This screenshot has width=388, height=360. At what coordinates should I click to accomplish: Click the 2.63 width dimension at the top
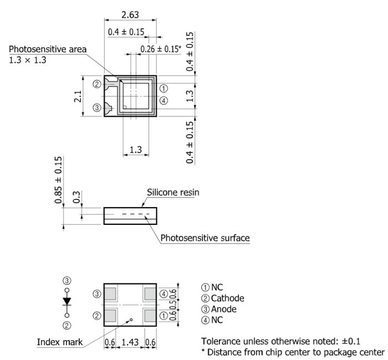(130, 15)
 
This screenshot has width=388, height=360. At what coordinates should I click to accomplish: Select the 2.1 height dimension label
(78, 96)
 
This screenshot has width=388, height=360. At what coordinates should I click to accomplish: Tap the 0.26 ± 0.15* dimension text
(161, 49)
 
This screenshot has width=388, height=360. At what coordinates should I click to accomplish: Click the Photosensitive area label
(48, 49)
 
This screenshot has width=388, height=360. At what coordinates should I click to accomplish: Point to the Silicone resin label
(173, 192)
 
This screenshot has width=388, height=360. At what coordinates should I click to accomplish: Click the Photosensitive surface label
(205, 238)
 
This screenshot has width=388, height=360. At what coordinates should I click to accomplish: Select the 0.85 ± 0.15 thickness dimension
(58, 180)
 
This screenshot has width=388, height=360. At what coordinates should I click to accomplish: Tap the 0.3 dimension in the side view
(77, 197)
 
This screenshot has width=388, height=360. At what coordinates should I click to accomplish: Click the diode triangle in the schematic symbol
(67, 301)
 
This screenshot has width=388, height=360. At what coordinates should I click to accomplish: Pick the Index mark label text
(60, 342)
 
